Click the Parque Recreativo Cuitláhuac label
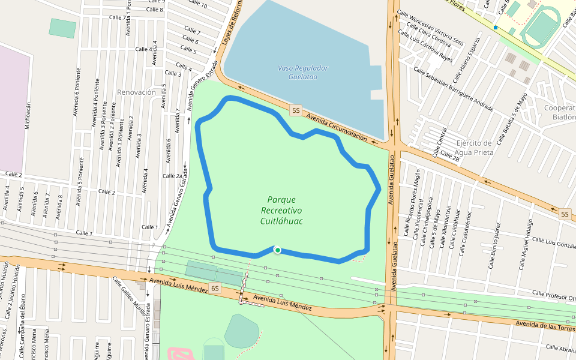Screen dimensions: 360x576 [x=281, y=211]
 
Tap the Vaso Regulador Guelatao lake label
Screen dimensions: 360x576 [x=303, y=72]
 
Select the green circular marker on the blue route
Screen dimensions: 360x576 [x=277, y=250]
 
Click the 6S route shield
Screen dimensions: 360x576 [x=215, y=289]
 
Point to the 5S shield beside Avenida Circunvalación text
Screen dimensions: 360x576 [x=296, y=110]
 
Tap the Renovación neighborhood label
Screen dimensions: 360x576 [x=136, y=92]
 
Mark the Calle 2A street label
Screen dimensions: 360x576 [x=172, y=176]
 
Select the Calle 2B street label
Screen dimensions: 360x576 [x=450, y=157]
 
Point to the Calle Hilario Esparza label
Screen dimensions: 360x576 [x=466, y=60]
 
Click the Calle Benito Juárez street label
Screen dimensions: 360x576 [x=494, y=245]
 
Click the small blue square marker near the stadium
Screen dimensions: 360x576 [x=496, y=28]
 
